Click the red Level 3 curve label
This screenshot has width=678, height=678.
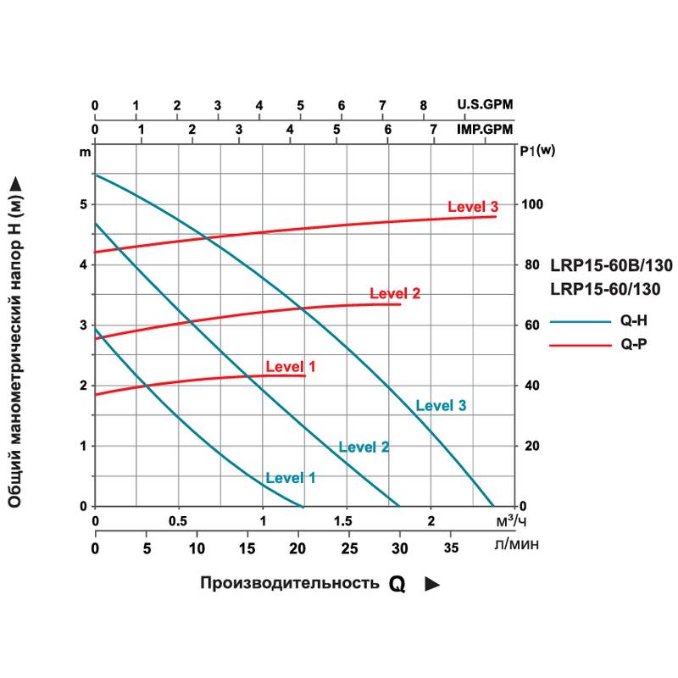point(472,208)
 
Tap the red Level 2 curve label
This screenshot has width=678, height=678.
point(395,294)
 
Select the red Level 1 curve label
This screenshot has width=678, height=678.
point(291,367)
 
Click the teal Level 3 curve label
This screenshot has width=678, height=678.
point(441,405)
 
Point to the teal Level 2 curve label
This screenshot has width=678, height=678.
point(364,447)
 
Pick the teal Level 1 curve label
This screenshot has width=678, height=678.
point(291,477)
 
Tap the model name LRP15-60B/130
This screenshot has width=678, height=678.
point(611,265)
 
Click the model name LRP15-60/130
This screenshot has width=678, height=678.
point(605,289)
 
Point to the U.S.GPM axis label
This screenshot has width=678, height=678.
point(485,105)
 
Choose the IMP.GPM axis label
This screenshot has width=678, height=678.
point(485,129)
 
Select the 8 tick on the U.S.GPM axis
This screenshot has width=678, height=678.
point(423,105)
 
